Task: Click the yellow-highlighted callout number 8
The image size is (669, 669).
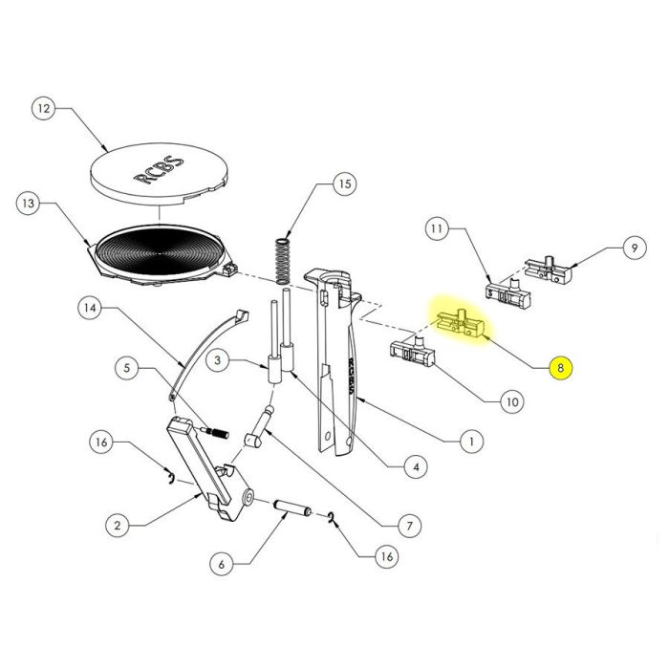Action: [561, 367]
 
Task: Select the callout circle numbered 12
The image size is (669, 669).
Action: [41, 109]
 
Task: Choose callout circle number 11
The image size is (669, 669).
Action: [436, 229]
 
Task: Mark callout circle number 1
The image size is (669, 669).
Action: [469, 442]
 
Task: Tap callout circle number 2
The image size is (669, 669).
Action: [115, 525]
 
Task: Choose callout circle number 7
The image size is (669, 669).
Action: [407, 525]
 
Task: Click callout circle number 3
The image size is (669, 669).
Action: [219, 360]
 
